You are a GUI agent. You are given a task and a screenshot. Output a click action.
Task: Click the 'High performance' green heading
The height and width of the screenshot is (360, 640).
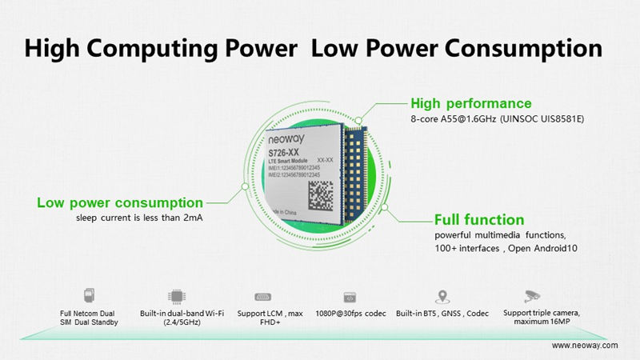tap(470, 103)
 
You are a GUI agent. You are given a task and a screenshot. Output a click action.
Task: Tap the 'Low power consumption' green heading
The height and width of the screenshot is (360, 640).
tap(119, 202)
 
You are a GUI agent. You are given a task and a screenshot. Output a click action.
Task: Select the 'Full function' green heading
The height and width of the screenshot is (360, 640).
tap(479, 219)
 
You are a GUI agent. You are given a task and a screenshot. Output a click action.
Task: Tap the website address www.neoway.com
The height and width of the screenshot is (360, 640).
tap(585, 345)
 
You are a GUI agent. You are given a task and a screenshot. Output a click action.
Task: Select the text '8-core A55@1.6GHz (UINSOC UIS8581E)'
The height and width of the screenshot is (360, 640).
tap(497, 119)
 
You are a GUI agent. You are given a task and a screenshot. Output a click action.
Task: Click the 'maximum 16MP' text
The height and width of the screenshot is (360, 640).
tap(537, 322)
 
